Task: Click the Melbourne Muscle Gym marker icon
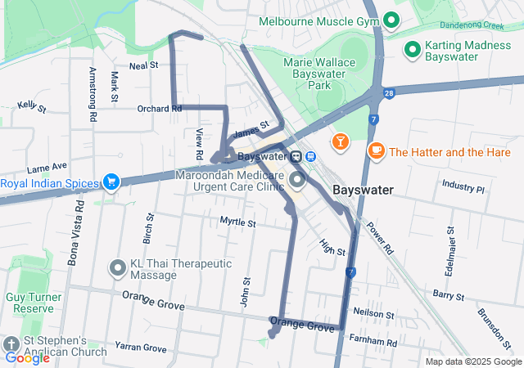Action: (x=392, y=20)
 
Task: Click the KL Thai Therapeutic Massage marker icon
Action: (x=118, y=267)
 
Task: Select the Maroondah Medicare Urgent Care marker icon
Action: (x=296, y=179)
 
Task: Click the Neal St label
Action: (x=142, y=65)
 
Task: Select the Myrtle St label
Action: (x=237, y=222)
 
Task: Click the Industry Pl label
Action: (x=463, y=187)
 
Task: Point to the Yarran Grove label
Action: (x=140, y=348)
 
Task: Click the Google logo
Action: (x=27, y=357)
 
